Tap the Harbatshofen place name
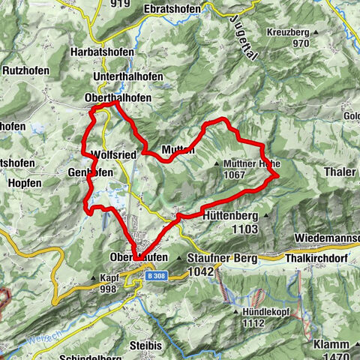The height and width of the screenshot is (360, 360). click(x=102, y=52)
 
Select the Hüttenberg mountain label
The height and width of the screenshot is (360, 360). click(x=230, y=215)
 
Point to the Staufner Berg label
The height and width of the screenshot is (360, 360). click(x=224, y=258)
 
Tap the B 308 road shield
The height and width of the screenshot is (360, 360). click(x=154, y=275)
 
